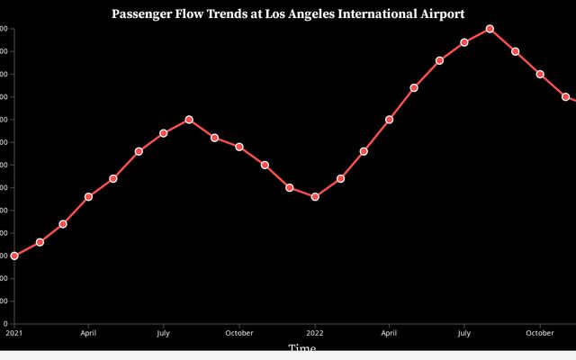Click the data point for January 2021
pos(14,256)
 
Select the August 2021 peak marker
pos(189,120)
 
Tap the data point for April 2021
pos(88,196)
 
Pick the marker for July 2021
pos(164,133)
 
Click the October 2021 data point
pos(239,147)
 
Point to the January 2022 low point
pos(315,196)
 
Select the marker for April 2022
pos(389,120)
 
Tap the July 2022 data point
pos(464,42)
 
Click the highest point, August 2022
pos(490,29)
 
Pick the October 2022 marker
pos(540,74)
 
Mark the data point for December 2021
pos(290,187)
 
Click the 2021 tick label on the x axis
pos(13,333)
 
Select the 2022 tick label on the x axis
pos(315,333)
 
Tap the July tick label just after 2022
pos(464,333)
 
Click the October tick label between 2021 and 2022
pos(239,333)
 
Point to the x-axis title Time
pos(301,348)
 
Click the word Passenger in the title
pos(143,13)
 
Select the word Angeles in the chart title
pos(307,13)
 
